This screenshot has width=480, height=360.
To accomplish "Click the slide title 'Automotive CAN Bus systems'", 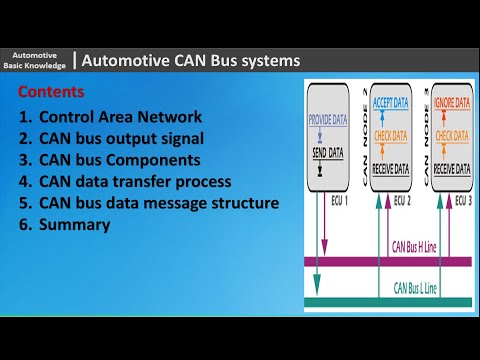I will (190, 61).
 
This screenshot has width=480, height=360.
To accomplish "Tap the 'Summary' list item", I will (74, 226).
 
